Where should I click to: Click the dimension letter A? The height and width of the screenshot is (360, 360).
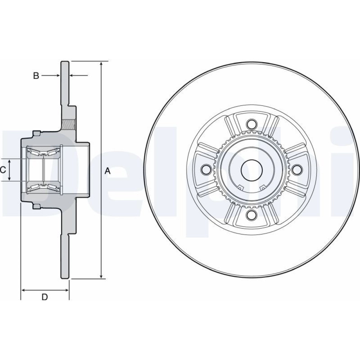(x=107, y=171)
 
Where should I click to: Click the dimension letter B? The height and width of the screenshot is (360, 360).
(x=36, y=76)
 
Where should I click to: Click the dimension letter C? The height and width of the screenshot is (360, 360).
(x=3, y=170)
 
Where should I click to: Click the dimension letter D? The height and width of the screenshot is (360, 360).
(x=45, y=297)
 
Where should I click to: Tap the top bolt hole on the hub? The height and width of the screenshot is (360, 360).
(x=252, y=124)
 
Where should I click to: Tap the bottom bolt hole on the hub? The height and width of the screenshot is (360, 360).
(x=252, y=215)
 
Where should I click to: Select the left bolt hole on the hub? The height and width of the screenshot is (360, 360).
(x=206, y=170)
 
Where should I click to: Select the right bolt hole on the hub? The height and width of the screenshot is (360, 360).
(x=297, y=170)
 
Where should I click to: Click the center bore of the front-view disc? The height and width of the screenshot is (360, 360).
(x=252, y=170)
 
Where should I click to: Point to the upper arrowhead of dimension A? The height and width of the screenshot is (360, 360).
(x=101, y=64)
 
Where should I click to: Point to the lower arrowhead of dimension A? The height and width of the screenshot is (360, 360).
(x=101, y=276)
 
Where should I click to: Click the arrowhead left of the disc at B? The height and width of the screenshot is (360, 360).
(x=58, y=75)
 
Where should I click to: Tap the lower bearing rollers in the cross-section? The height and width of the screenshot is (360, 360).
(x=44, y=188)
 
